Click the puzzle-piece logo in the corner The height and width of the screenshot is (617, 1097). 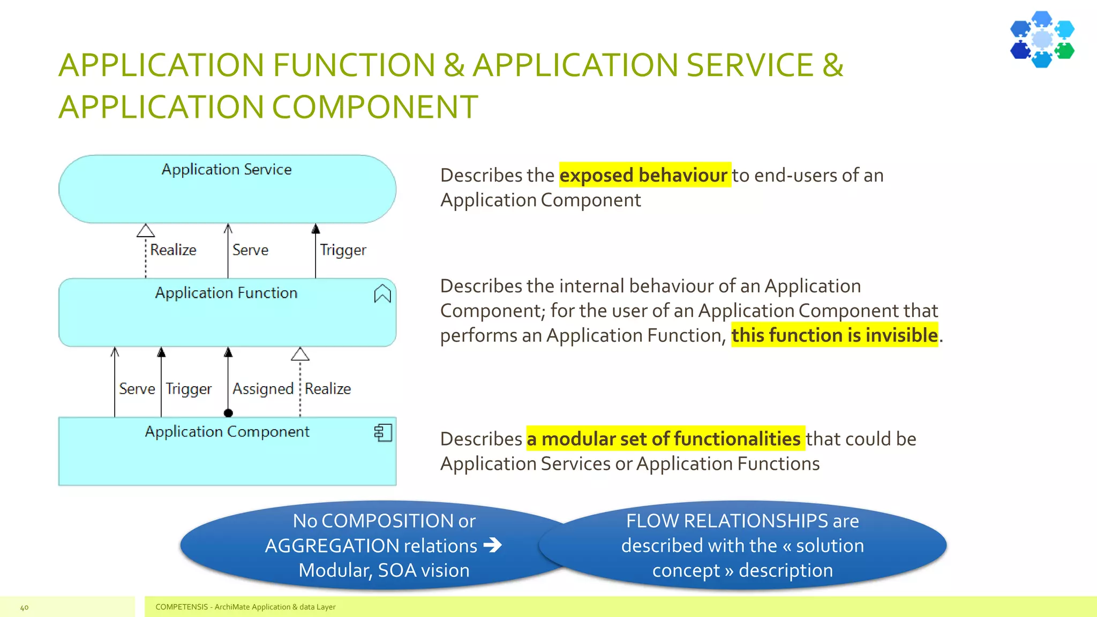coord(1042,39)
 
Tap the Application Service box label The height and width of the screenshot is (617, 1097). coord(227,169)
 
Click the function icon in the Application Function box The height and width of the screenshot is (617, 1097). coord(382,294)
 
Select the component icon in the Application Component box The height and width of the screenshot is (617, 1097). coord(383,432)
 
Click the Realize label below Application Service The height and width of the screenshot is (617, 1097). coord(173,250)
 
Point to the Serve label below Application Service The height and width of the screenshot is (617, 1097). coord(250,250)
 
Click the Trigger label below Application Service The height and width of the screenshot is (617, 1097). coord(343,250)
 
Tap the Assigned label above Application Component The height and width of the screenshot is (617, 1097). coord(262,388)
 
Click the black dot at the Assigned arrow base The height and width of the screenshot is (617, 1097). coord(228,413)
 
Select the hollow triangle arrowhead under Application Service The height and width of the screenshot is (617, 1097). coord(146,231)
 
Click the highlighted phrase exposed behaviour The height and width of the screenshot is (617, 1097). coord(644,175)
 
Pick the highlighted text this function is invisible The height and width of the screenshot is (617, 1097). coord(834,335)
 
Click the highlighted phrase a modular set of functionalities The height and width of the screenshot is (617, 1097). coord(664,439)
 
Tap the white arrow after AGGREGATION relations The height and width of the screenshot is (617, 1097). coord(492,545)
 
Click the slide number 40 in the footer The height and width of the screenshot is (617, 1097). coord(24,607)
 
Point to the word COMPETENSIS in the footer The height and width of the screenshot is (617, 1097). coord(182,607)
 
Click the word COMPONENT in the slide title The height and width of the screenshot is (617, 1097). coord(375,107)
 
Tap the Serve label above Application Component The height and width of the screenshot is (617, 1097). coord(137,388)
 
